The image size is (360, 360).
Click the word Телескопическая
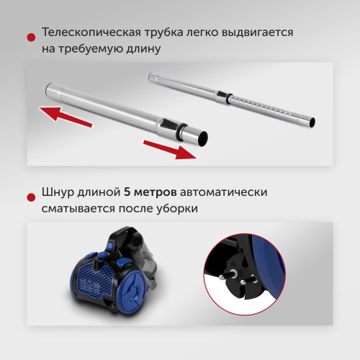[x=91, y=32]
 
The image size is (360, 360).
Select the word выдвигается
[x=257, y=32]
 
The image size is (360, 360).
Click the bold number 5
[x=127, y=192]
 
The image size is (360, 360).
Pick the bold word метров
[x=156, y=192]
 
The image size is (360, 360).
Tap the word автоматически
[x=223, y=192]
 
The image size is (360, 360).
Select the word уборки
[x=177, y=209]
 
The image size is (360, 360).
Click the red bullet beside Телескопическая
[x=31, y=37]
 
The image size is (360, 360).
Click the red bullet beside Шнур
[x=31, y=197]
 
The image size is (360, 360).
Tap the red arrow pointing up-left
[x=66, y=117]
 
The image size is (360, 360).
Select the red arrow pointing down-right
[x=170, y=150]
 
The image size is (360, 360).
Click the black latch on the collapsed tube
[x=168, y=123]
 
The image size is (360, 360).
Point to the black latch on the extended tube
[x=222, y=94]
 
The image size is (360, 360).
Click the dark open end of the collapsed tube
[x=202, y=138]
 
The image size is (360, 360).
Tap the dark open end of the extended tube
[x=312, y=122]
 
